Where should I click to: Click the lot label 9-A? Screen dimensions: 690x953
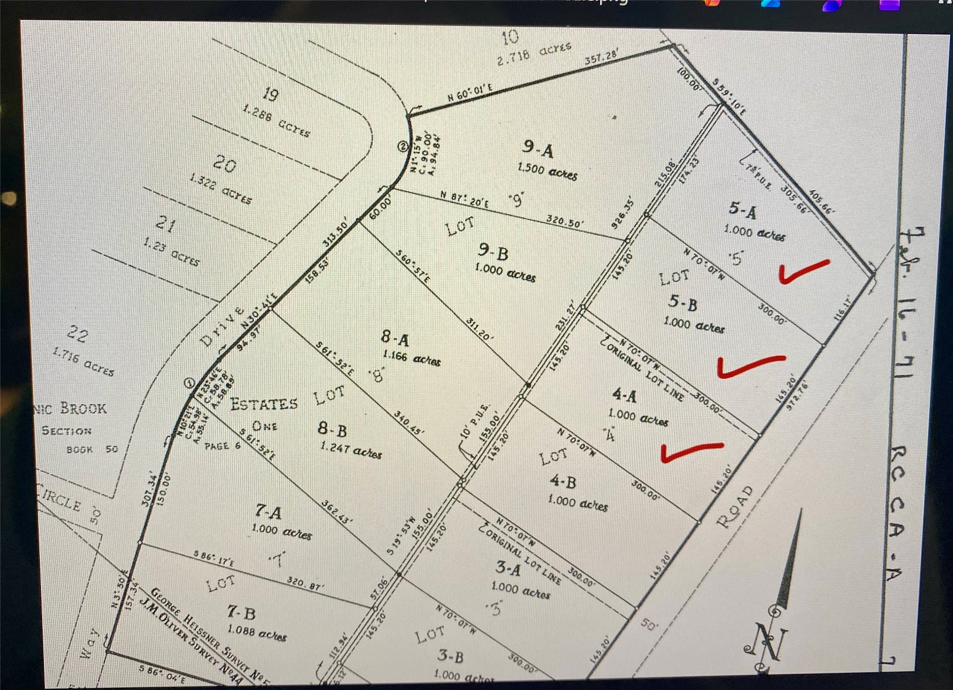[x=537, y=148]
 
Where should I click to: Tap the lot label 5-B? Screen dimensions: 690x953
[x=683, y=302]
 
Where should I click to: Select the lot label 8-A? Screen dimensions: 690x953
[x=395, y=338]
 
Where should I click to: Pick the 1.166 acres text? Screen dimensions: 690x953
[x=412, y=358]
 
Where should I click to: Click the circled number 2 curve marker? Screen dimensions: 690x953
[x=402, y=146]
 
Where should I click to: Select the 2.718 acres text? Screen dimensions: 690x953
[x=534, y=53]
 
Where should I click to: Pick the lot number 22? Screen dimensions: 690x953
[x=77, y=334]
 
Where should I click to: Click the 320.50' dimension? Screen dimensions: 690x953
[x=565, y=221]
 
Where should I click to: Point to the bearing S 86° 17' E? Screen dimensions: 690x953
[x=214, y=559]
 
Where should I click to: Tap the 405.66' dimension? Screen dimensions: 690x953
[x=822, y=202]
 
